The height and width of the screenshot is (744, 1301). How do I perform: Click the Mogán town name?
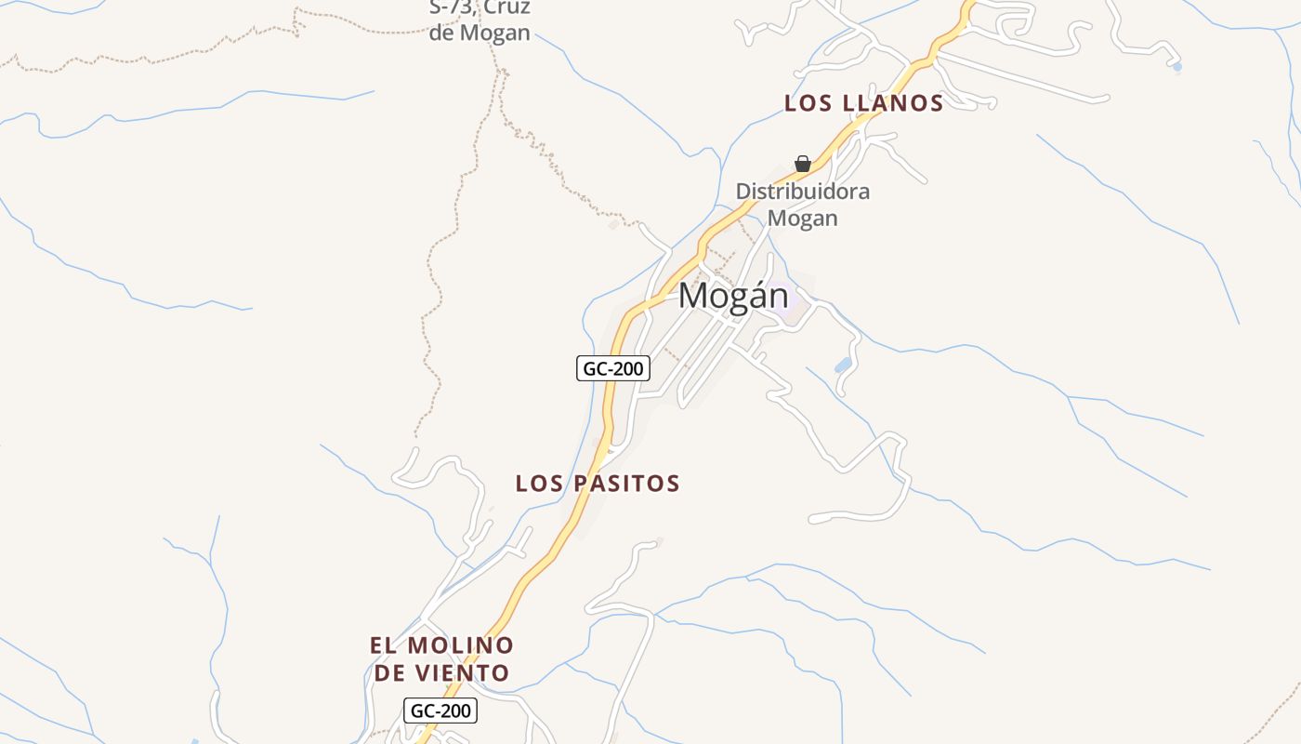pos(733,296)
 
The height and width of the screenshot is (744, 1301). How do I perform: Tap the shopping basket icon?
pos(803,165)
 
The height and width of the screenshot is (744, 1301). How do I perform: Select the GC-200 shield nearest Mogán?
pos(612,368)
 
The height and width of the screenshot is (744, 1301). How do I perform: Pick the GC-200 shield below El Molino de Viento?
pos(441,711)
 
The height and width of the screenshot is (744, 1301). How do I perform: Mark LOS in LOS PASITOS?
pos(539,484)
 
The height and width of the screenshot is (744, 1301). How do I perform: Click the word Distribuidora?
pos(803,192)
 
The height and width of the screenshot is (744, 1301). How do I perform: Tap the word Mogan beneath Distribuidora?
pos(803,219)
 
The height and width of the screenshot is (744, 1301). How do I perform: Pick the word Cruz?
pos(506,8)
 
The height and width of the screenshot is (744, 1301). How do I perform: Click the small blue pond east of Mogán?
pos(843,365)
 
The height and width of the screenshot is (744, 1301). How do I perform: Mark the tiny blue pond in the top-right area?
pos(1177,67)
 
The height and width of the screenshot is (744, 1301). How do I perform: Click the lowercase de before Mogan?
pos(441,33)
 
